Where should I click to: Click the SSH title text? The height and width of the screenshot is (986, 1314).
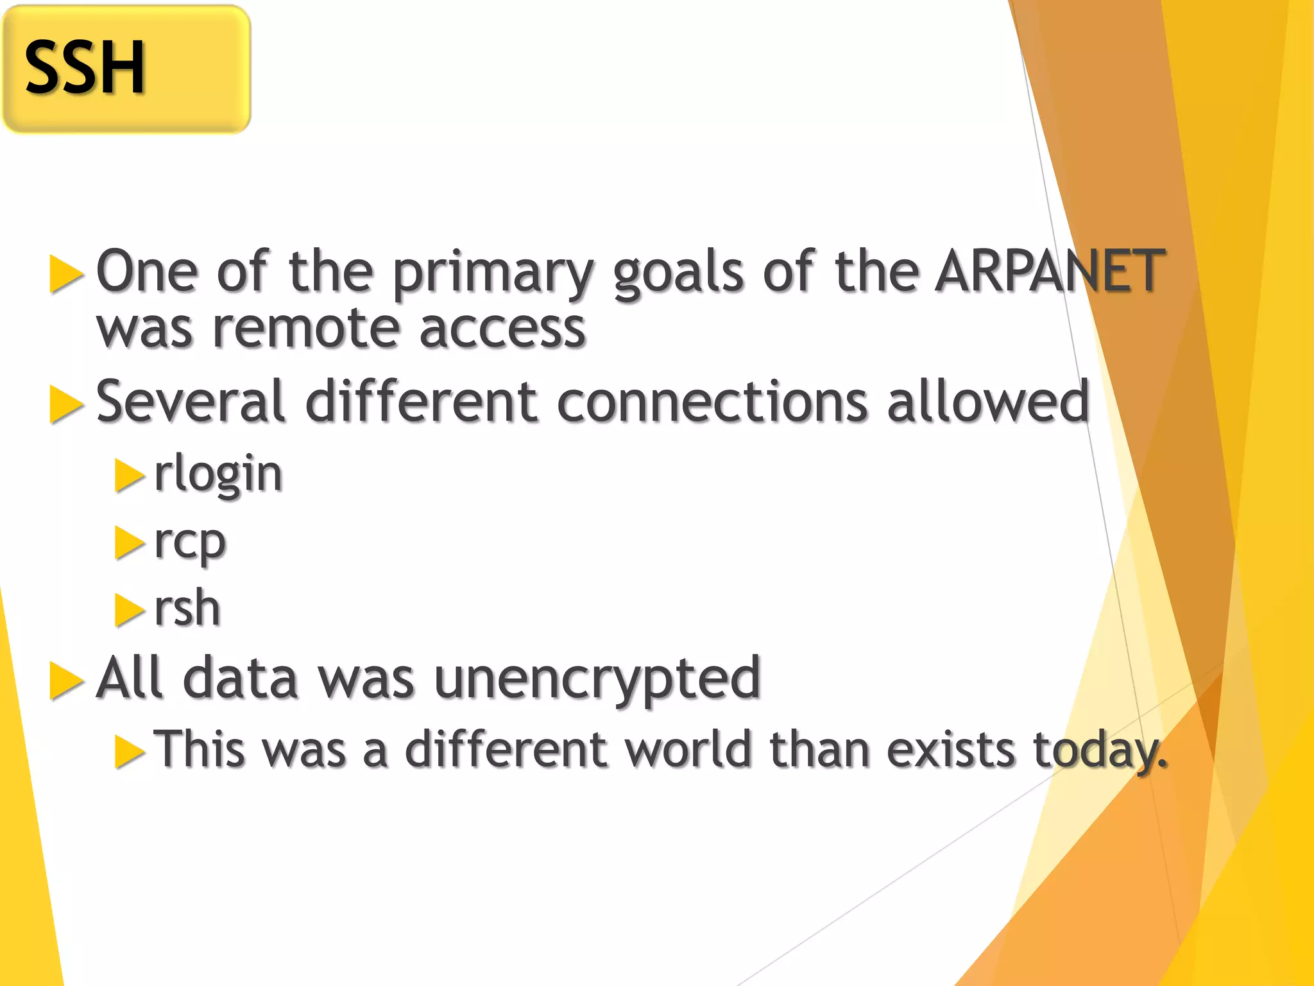[85, 67]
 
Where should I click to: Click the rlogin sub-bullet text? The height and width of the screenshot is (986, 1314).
[218, 474]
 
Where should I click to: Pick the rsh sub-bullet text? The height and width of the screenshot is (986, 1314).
[187, 608]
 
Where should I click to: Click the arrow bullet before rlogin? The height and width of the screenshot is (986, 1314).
[129, 476]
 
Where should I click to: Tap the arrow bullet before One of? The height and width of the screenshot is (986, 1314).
[66, 274]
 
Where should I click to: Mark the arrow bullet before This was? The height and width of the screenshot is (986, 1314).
[129, 751]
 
